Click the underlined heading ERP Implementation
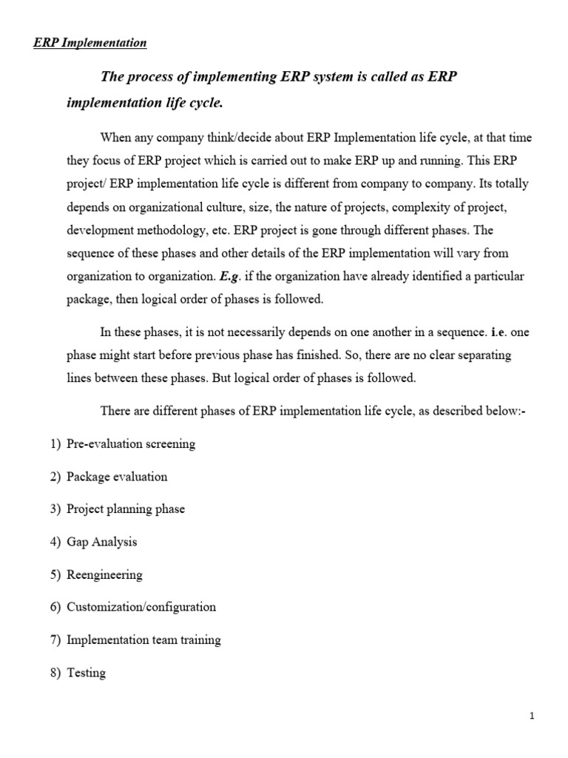[90, 43]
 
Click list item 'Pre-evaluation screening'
[131, 444]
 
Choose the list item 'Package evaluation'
[117, 477]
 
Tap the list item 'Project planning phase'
[126, 509]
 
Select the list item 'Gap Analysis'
[102, 542]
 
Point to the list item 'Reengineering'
[104, 574]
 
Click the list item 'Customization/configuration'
[141, 607]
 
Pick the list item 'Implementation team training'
[143, 640]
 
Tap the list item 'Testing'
[86, 673]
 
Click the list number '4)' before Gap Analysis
[55, 542]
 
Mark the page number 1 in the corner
[532, 716]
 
